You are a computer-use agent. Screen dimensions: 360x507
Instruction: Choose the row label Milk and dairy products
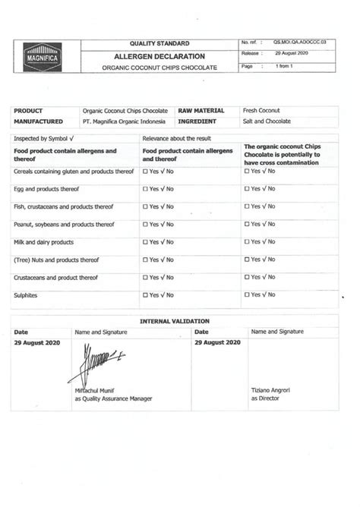pos(44,242)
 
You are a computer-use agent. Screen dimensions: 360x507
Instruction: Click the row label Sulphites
pos(26,295)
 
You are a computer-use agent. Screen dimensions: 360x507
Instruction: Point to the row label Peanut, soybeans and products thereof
pos(64,225)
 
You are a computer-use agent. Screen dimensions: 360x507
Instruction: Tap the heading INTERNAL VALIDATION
pos(175,321)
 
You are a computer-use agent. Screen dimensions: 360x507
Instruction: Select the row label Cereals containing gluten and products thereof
pos(74,172)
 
